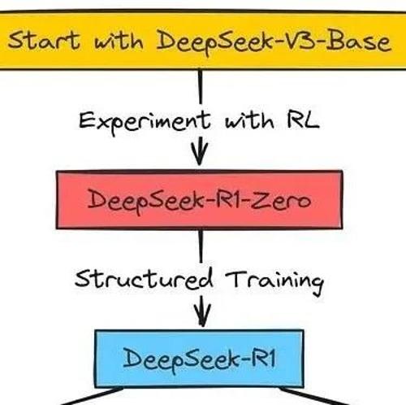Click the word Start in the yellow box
(x=44, y=40)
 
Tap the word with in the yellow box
(x=119, y=41)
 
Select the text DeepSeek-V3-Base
(x=274, y=42)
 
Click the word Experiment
(x=145, y=122)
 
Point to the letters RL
(x=303, y=120)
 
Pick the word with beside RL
(x=249, y=120)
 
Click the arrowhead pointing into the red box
(x=200, y=150)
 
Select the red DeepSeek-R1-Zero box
(x=200, y=200)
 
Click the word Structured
(x=144, y=279)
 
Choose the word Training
(x=274, y=281)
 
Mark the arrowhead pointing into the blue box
(x=202, y=311)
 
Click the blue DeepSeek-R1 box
(x=199, y=359)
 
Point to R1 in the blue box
(x=264, y=358)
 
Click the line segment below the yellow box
(x=201, y=87)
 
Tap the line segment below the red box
(x=201, y=246)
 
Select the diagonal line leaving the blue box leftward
(x=92, y=396)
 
